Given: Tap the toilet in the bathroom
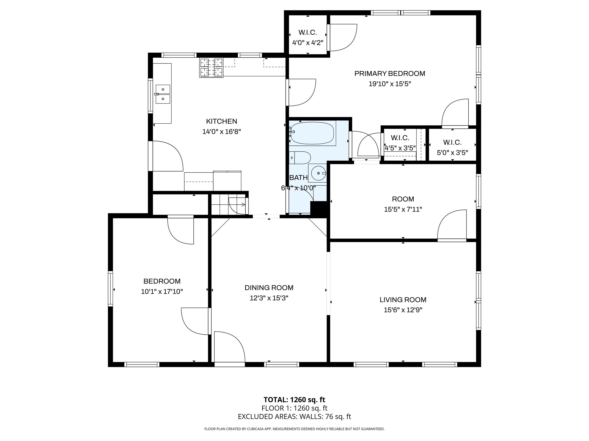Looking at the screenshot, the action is pos(300,158).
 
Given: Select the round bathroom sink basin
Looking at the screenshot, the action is pos(318,173).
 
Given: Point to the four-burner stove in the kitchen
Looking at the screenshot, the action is pos(211,68).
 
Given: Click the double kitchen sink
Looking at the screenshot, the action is pos(163,94).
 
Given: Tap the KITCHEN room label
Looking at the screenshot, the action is pos(221,121).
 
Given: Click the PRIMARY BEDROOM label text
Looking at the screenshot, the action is pos(390,73).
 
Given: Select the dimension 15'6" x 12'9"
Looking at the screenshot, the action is pos(403,310).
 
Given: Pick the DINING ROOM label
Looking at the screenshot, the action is pos(269,288).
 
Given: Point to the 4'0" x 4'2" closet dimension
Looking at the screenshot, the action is pos(308,42).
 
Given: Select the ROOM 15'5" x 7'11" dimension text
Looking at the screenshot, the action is pos(403,209).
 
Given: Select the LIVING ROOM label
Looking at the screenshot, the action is pos(403,300).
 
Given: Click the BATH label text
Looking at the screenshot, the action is pos(299,178).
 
